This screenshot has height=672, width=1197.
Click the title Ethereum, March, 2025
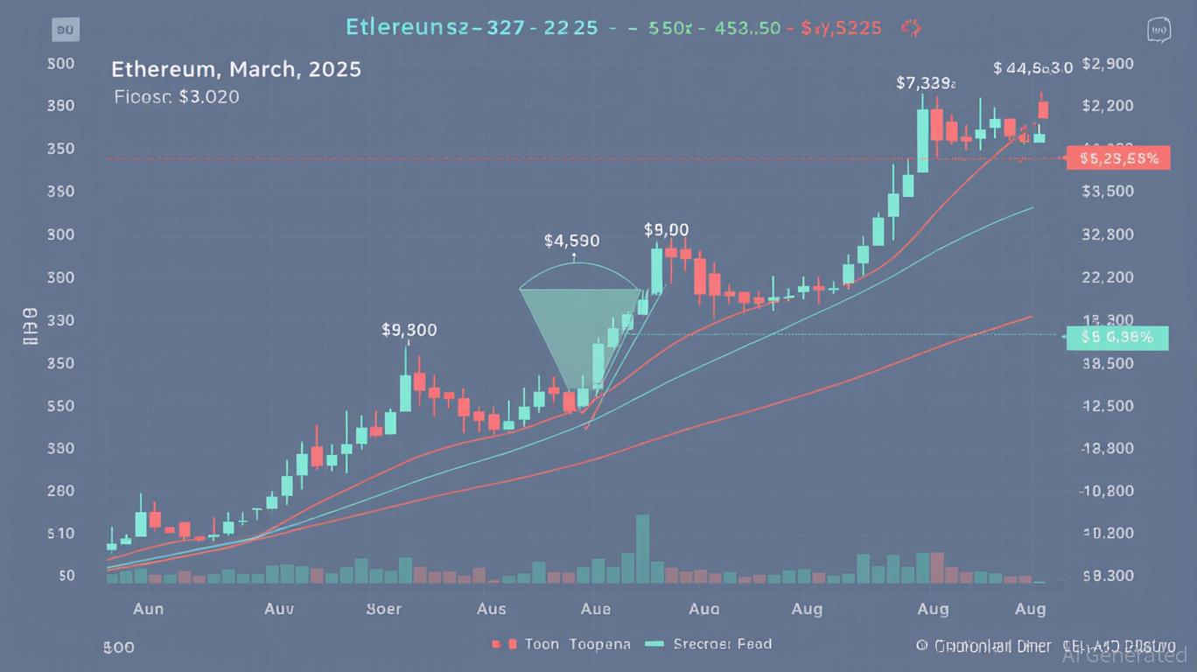point(236,69)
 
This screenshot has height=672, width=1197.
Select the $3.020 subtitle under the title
point(177,97)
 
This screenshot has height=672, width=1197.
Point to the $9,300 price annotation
point(409,331)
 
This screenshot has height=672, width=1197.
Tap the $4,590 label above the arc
point(571,240)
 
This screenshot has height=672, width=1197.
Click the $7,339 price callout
point(926,83)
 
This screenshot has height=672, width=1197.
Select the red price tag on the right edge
point(1119,158)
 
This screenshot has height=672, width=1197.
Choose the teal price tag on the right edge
point(1117,336)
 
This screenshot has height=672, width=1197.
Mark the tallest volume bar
point(643,549)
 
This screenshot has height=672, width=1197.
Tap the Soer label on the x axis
point(383,608)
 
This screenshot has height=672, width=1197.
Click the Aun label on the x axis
point(148,608)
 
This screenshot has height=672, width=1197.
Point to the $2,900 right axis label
point(1108,64)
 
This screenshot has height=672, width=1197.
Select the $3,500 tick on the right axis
point(1108,192)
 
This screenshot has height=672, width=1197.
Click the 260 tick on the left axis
point(61,491)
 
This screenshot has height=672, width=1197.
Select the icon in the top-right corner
point(1159,30)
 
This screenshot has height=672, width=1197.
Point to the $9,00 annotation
point(666,229)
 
